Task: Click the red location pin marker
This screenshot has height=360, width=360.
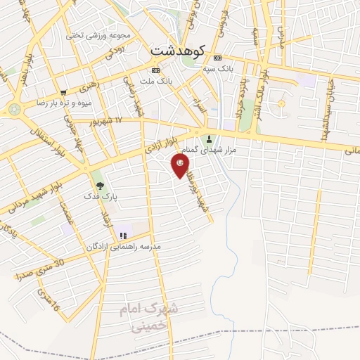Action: click(180, 165)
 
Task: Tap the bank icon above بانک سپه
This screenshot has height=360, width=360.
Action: click(218, 58)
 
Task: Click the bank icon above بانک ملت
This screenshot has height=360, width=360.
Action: click(155, 71)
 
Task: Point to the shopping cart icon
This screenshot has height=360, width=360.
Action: click(63, 92)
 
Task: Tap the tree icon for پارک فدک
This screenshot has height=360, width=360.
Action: click(100, 186)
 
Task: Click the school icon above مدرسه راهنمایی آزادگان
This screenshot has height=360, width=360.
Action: click(124, 235)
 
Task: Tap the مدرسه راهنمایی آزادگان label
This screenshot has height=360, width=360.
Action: click(124, 247)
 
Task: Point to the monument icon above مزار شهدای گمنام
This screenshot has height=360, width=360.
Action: click(208, 137)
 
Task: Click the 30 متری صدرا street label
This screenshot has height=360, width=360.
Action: click(40, 269)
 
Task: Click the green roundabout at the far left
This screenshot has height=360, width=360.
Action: click(14, 109)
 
